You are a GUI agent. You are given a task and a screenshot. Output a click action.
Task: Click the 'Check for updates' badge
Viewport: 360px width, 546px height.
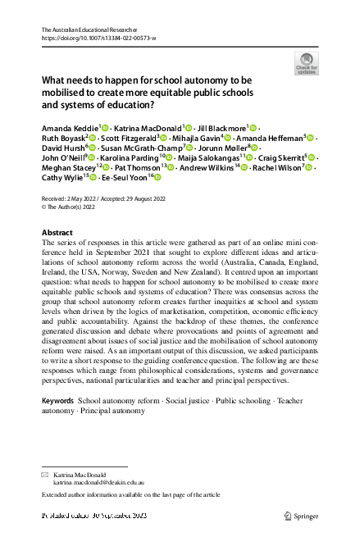pyautogui.click(x=305, y=63)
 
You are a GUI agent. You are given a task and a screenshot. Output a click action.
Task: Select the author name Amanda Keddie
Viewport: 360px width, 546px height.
pyautogui.click(x=69, y=129)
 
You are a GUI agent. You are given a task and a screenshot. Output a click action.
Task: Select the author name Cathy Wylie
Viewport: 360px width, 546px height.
pyautogui.click(x=62, y=178)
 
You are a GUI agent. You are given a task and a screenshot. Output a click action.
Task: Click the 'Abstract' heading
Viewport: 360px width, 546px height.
pyautogui.click(x=57, y=233)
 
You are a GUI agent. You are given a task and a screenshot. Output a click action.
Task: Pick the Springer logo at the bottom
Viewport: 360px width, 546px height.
pyautogui.click(x=300, y=516)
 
